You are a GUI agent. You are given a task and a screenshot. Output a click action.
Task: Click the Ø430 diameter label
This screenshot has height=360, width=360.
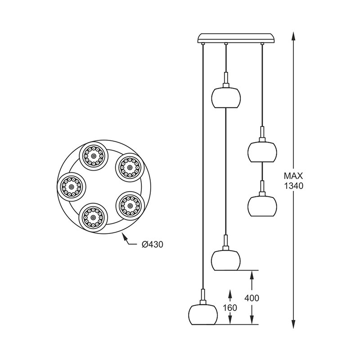pyautogui.click(x=153, y=245)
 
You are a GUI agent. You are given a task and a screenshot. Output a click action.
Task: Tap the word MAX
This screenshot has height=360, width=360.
pyautogui.click(x=293, y=176)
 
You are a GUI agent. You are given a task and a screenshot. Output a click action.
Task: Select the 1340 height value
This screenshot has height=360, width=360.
pyautogui.click(x=294, y=186)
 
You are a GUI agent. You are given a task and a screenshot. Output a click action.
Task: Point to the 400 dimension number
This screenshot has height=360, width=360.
pyautogui.click(x=252, y=298)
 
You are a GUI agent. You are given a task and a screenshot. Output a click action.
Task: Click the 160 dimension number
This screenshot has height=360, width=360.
pyautogui.click(x=230, y=308)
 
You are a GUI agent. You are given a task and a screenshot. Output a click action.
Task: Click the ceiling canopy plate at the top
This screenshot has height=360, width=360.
pyautogui.click(x=236, y=38)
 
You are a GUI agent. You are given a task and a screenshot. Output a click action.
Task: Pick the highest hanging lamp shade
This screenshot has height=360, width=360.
pyautogui.click(x=226, y=97)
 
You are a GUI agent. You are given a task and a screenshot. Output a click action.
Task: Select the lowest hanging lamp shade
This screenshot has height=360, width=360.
pyautogui.click(x=202, y=314)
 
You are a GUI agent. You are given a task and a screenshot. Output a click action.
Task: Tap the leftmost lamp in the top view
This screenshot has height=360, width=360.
pyautogui.click(x=72, y=187)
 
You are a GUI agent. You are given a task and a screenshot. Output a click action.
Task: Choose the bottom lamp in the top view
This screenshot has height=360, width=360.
pyautogui.click(x=93, y=217)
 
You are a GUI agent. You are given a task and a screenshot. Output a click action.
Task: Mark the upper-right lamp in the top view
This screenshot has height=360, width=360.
pyautogui.click(x=130, y=167)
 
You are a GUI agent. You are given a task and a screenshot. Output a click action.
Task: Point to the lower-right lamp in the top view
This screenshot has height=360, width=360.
pyautogui.click(x=130, y=206)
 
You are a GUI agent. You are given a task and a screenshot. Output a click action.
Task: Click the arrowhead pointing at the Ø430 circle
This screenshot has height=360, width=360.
pyautogui.click(x=124, y=237)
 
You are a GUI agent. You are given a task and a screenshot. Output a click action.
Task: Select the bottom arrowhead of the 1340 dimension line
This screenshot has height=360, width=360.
pyautogui.click(x=293, y=324)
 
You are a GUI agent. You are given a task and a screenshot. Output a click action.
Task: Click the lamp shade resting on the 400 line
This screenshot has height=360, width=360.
pyautogui.click(x=226, y=260)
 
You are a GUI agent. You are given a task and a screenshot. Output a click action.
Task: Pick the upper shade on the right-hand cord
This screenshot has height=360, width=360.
pyautogui.click(x=262, y=152)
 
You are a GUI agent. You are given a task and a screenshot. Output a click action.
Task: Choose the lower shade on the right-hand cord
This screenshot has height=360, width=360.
pyautogui.click(x=262, y=206)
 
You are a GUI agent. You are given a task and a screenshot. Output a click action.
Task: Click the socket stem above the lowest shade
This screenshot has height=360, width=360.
pyautogui.click(x=202, y=297)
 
